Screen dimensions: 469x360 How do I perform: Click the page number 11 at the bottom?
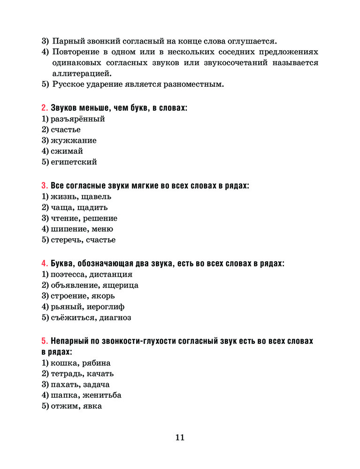coord(180,438)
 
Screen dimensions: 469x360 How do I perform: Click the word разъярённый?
coord(77,119)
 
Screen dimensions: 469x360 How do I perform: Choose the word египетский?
coord(74,162)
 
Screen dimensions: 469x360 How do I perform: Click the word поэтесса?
coord(70,274)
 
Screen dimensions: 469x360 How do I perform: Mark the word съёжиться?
coord(74,318)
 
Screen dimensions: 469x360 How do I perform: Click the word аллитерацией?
coord(82,74)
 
